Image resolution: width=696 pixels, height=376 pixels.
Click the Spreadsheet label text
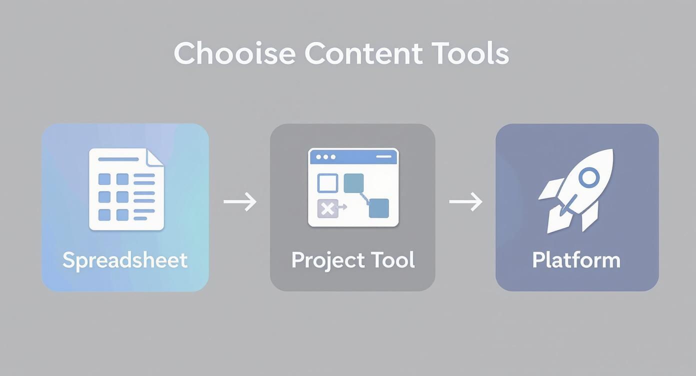coord(125,260)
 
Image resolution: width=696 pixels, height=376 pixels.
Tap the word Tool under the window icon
coord(393,260)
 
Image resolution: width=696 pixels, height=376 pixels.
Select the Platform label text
coord(576,260)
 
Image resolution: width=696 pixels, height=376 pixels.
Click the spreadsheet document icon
coord(126,189)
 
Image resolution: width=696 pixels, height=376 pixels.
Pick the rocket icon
coord(576,190)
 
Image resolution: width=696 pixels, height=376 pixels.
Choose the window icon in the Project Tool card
coord(353,187)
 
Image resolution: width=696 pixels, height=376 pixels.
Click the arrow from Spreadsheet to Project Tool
coord(240,202)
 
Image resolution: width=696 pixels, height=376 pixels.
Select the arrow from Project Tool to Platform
coord(465,202)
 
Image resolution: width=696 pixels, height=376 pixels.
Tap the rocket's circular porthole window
coord(588,177)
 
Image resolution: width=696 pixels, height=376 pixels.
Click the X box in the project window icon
coord(327,208)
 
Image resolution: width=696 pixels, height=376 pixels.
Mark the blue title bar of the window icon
coord(353,157)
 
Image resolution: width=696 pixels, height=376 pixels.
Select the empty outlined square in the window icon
coord(327,183)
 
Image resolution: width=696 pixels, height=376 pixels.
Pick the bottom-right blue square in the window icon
coord(378,208)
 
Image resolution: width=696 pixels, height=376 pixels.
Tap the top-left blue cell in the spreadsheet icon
coord(104,179)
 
